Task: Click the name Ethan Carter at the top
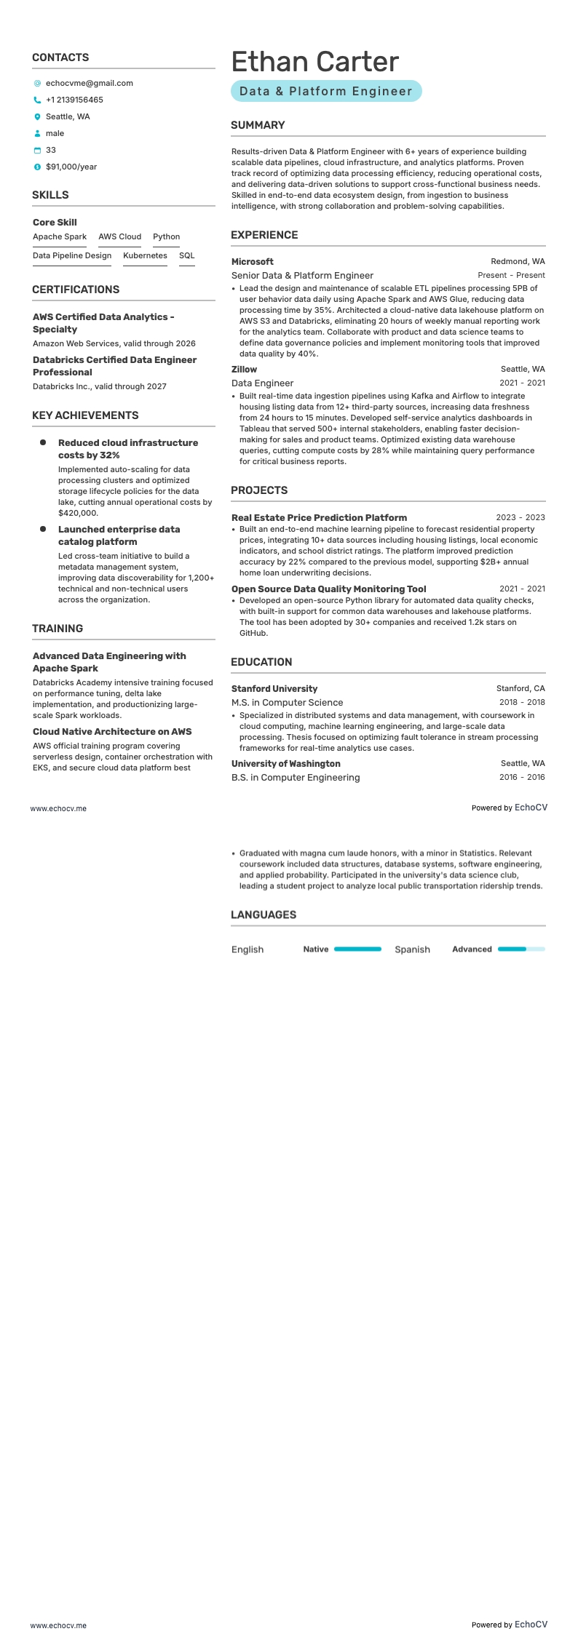tap(314, 63)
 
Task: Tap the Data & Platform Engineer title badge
tap(326, 92)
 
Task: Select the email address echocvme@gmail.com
tap(89, 84)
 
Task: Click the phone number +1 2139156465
tap(74, 100)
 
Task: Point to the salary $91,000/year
tap(71, 167)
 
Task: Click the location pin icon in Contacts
tap(38, 117)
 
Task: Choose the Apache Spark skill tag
tap(60, 237)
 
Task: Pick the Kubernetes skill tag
tap(145, 256)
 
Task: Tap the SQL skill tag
tap(186, 256)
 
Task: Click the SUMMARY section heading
tap(258, 125)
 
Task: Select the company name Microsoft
tap(252, 262)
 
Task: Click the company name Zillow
tap(244, 370)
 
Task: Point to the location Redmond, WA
tap(518, 262)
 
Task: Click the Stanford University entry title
tap(274, 689)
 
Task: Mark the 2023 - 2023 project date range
tap(520, 518)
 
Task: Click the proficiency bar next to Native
tap(357, 949)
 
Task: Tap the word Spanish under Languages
tap(412, 949)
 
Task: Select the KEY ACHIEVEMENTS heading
tap(85, 415)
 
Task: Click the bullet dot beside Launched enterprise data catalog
tap(43, 530)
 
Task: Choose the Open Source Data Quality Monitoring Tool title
tap(328, 589)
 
